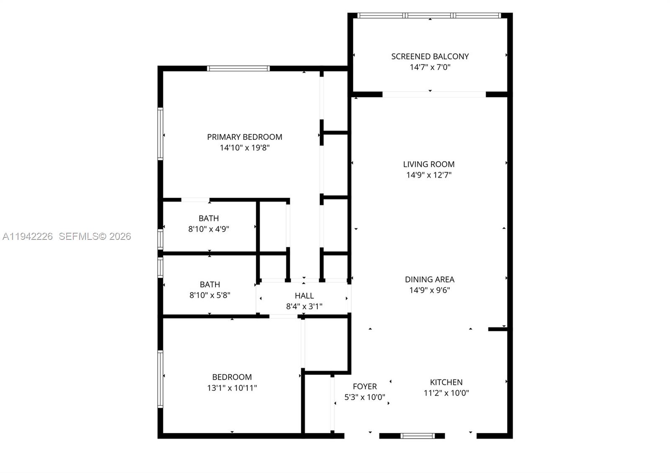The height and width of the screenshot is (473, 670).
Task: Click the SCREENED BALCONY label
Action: pyautogui.click(x=430, y=56)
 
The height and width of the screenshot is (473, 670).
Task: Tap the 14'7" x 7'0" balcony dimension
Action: pyautogui.click(x=430, y=67)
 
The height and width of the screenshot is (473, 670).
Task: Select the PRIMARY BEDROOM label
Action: pyautogui.click(x=245, y=137)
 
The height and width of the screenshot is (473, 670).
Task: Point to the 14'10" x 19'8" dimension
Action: pyautogui.click(x=245, y=148)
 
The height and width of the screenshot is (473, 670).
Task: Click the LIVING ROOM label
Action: pyautogui.click(x=429, y=165)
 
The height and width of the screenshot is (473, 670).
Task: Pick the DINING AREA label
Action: pyautogui.click(x=429, y=279)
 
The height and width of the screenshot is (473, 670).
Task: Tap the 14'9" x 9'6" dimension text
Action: pyautogui.click(x=429, y=290)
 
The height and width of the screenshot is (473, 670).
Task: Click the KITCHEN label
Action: pyautogui.click(x=446, y=382)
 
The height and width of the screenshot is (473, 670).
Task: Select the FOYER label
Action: pyautogui.click(x=365, y=386)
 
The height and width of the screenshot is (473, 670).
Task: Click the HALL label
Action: pyautogui.click(x=304, y=296)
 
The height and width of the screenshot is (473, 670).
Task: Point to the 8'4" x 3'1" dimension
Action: pyautogui.click(x=304, y=306)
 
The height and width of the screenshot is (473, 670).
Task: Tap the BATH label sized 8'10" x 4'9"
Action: pyautogui.click(x=209, y=218)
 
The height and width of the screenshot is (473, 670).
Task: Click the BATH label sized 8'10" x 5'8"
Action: pyautogui.click(x=209, y=284)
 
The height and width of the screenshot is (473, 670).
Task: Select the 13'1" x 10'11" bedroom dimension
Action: pyautogui.click(x=232, y=388)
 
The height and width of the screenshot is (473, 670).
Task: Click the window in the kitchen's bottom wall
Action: pyautogui.click(x=417, y=436)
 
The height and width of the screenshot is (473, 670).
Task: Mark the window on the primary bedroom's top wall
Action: pyautogui.click(x=238, y=69)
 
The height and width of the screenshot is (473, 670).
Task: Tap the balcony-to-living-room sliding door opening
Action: pyautogui.click(x=434, y=95)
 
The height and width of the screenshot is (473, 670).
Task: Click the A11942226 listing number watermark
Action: pyautogui.click(x=28, y=236)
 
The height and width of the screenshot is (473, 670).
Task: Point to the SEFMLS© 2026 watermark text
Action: pyautogui.click(x=95, y=236)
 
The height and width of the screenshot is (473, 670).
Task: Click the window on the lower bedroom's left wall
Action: pyautogui.click(x=160, y=379)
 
